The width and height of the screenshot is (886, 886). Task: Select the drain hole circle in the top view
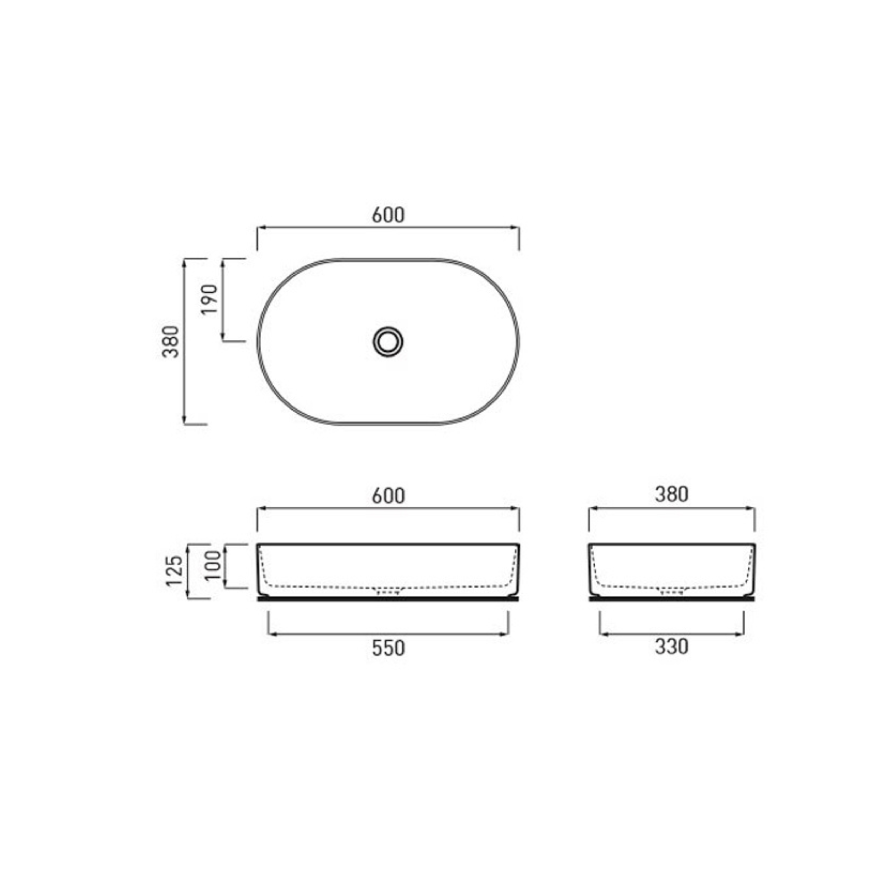click(x=388, y=342)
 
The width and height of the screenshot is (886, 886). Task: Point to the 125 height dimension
click(x=174, y=571)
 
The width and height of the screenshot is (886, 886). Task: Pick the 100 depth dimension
click(x=212, y=565)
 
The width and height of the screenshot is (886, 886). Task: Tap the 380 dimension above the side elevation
click(x=671, y=494)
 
